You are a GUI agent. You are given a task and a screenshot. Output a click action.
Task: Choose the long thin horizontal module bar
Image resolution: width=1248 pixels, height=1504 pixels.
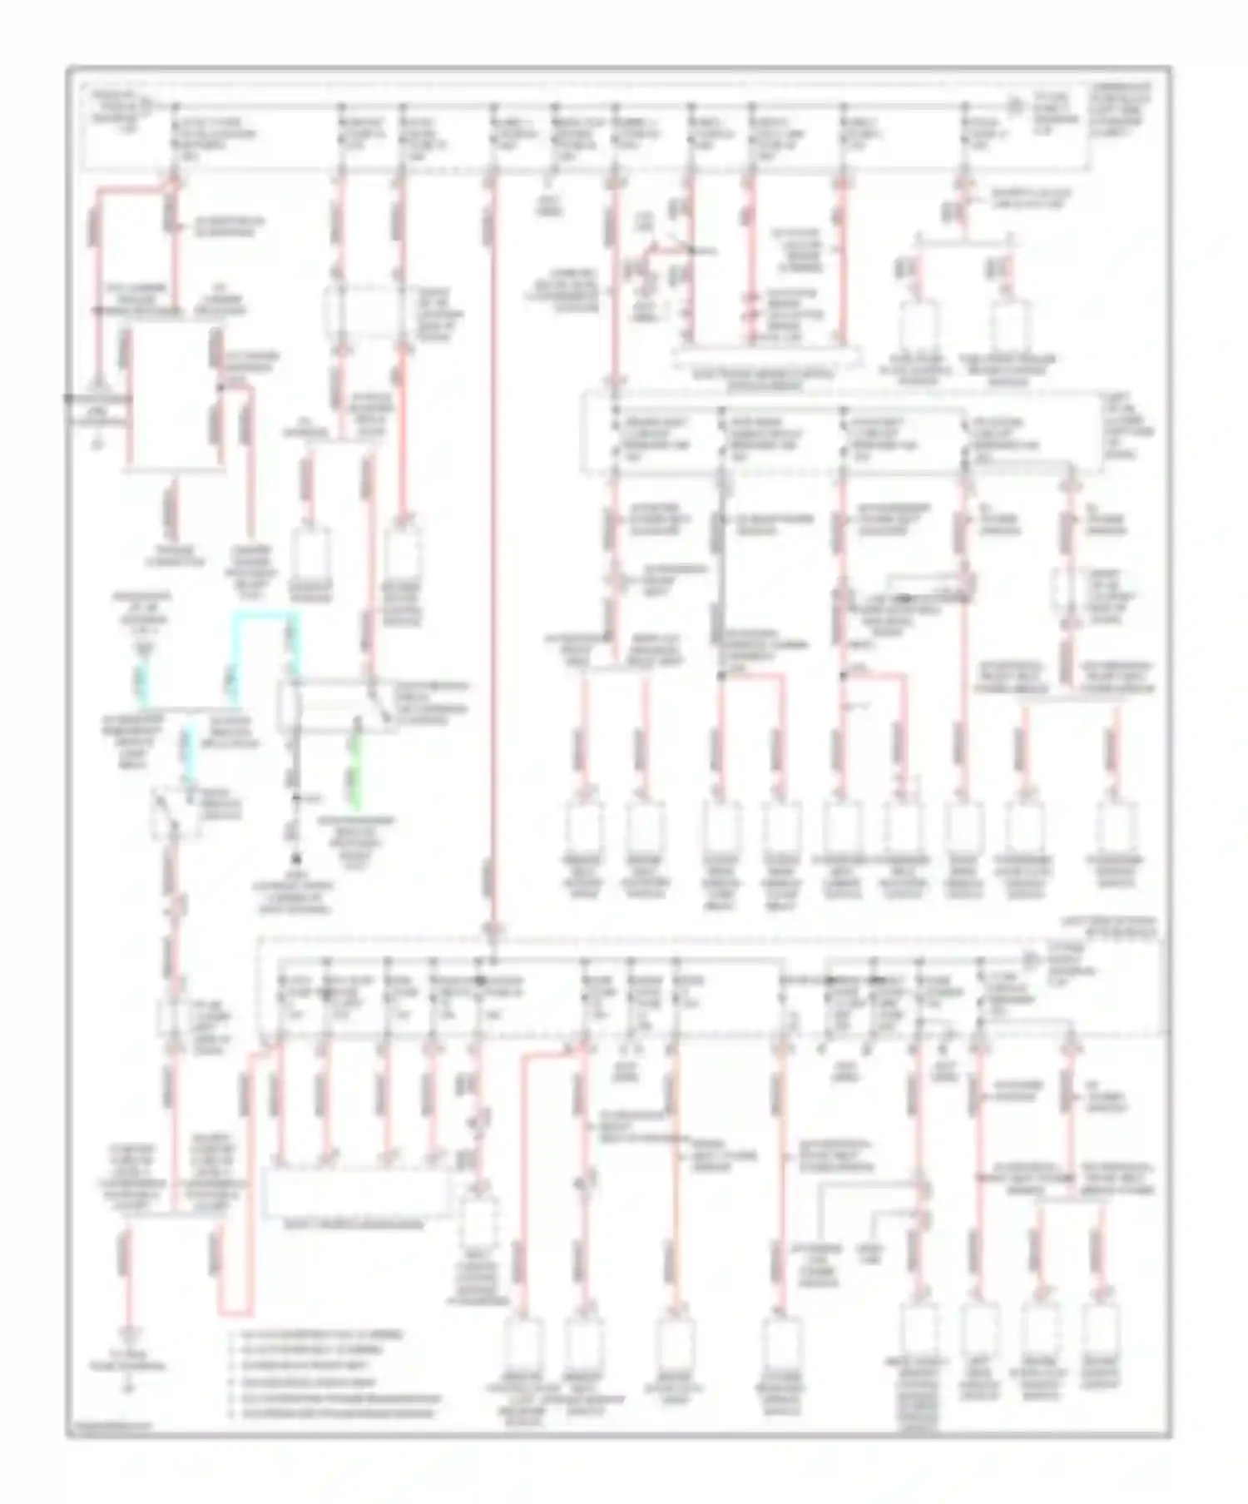coord(765,356)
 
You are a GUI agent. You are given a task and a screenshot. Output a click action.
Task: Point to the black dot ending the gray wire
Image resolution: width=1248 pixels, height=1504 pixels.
coord(295,857)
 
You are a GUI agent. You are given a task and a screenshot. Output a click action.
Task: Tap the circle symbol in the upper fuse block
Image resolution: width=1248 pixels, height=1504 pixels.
coord(1014,107)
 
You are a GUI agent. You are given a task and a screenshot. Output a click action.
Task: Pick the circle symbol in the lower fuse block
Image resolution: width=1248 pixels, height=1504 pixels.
coord(1030,961)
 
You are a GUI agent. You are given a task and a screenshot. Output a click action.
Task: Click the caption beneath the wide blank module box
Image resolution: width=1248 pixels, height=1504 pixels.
coord(356,1224)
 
